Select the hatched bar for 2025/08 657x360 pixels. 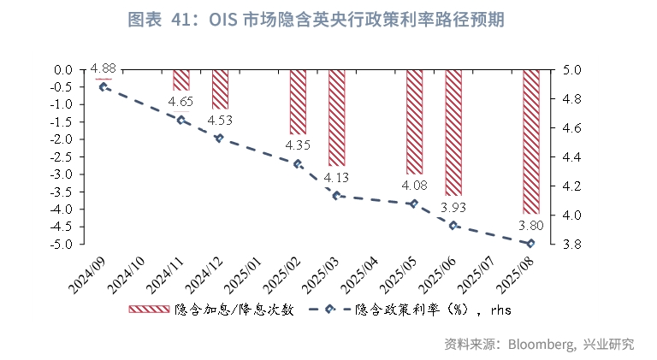click(x=530, y=141)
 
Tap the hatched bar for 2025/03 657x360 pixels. click(x=336, y=117)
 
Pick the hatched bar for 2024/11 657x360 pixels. click(x=181, y=80)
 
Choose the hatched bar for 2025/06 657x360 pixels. click(x=453, y=133)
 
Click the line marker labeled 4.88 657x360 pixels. click(x=104, y=86)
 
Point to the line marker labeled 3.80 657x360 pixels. click(x=530, y=244)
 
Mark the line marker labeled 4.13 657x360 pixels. click(x=336, y=196)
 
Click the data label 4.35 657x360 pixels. click(x=298, y=145)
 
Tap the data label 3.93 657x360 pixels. click(x=453, y=207)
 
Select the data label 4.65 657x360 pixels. click(x=181, y=102)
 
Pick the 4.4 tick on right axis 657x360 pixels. click(x=571, y=156)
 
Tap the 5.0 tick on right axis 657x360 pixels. click(x=571, y=69)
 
